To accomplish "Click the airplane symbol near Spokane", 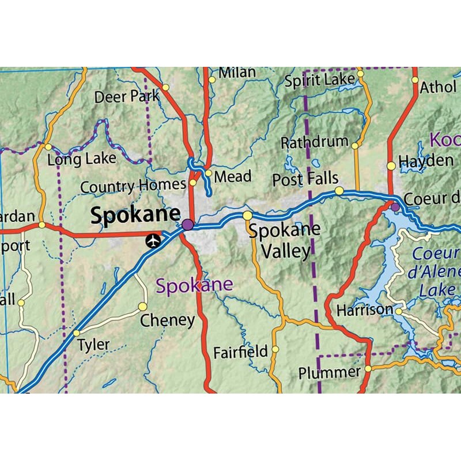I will [153, 241].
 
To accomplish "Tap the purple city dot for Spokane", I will [187, 224].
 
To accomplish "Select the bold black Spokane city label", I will [135, 215].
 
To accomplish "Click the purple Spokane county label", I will [195, 285].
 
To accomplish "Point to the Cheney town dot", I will [142, 306].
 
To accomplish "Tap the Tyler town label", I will [94, 345].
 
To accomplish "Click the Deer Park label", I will [127, 96].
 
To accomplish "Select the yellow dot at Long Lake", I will [48, 147].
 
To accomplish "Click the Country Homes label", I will [133, 187].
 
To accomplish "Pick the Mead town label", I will [233, 176].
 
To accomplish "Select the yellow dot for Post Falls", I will [339, 191].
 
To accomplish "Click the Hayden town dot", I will [391, 166].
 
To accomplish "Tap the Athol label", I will [438, 88].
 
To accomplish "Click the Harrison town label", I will [365, 310].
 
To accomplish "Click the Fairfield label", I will [240, 351].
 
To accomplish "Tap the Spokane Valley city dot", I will [247, 216].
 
